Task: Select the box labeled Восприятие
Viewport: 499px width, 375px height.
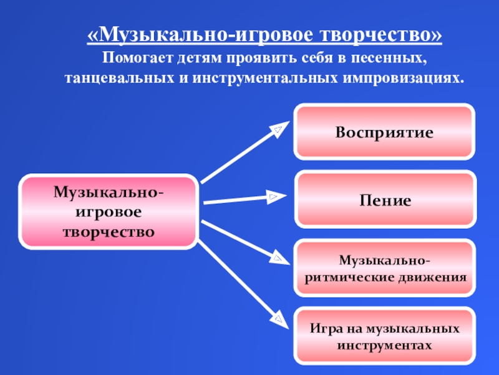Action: point(384,132)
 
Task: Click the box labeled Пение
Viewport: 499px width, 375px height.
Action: point(384,200)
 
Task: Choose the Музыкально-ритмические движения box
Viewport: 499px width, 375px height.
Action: point(384,267)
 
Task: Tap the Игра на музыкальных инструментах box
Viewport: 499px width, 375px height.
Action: point(384,336)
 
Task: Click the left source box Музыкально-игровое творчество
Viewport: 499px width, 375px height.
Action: point(109,212)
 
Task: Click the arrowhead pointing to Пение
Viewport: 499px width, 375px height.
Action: point(274,198)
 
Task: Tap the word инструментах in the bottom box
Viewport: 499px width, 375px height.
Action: point(384,344)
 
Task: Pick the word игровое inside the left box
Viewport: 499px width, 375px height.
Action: point(109,212)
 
